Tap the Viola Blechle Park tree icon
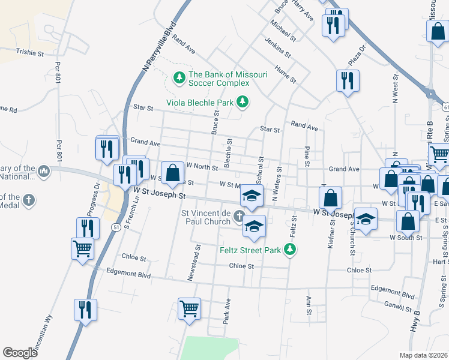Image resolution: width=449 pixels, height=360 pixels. [243, 103]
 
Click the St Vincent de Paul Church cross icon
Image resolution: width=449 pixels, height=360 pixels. [240, 216]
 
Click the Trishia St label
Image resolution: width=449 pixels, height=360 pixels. [30, 53]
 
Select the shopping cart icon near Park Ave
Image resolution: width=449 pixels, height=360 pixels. [190, 308]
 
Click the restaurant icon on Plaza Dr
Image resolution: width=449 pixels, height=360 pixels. [348, 81]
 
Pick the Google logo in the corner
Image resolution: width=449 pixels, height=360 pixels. [20, 353]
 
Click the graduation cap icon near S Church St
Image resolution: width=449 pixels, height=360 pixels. [366, 219]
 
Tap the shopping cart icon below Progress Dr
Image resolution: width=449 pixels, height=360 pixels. [82, 248]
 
